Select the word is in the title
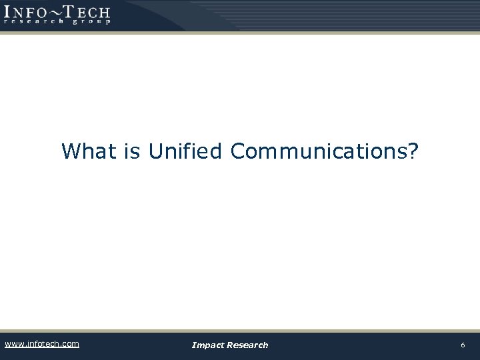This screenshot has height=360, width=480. point(132,151)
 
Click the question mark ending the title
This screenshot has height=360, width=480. point(414,151)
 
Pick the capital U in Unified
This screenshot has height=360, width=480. point(155,151)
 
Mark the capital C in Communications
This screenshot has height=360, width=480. point(238,151)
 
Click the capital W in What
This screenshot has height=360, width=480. point(71,151)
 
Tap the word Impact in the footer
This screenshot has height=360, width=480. point(207,345)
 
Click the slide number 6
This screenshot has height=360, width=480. point(463,345)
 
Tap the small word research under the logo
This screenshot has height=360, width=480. point(33,21)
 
